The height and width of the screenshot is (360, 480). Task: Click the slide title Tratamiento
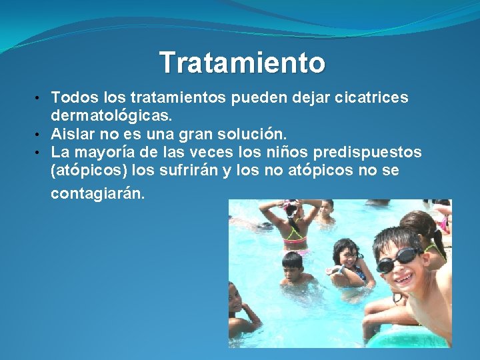pos(243,63)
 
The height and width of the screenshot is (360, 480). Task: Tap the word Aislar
pos(72,134)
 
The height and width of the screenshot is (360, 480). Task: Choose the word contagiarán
pos(97,194)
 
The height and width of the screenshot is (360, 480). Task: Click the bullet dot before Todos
pos(43,99)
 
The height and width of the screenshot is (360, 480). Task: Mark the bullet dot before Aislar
pos(43,135)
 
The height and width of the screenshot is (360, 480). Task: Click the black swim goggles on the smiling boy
pos(397,260)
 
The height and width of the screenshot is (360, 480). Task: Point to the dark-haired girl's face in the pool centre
pos(347,255)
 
